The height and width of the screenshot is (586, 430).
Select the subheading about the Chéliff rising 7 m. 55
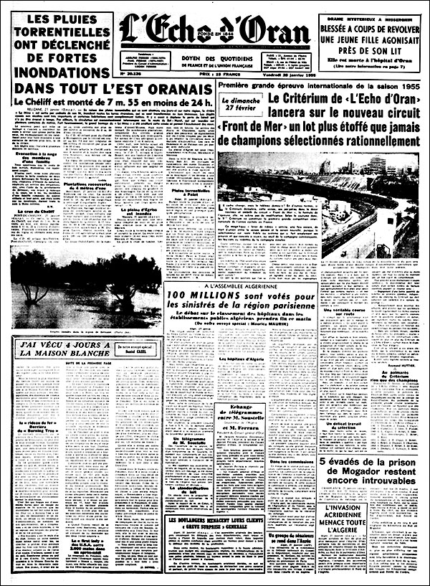click(105, 103)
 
